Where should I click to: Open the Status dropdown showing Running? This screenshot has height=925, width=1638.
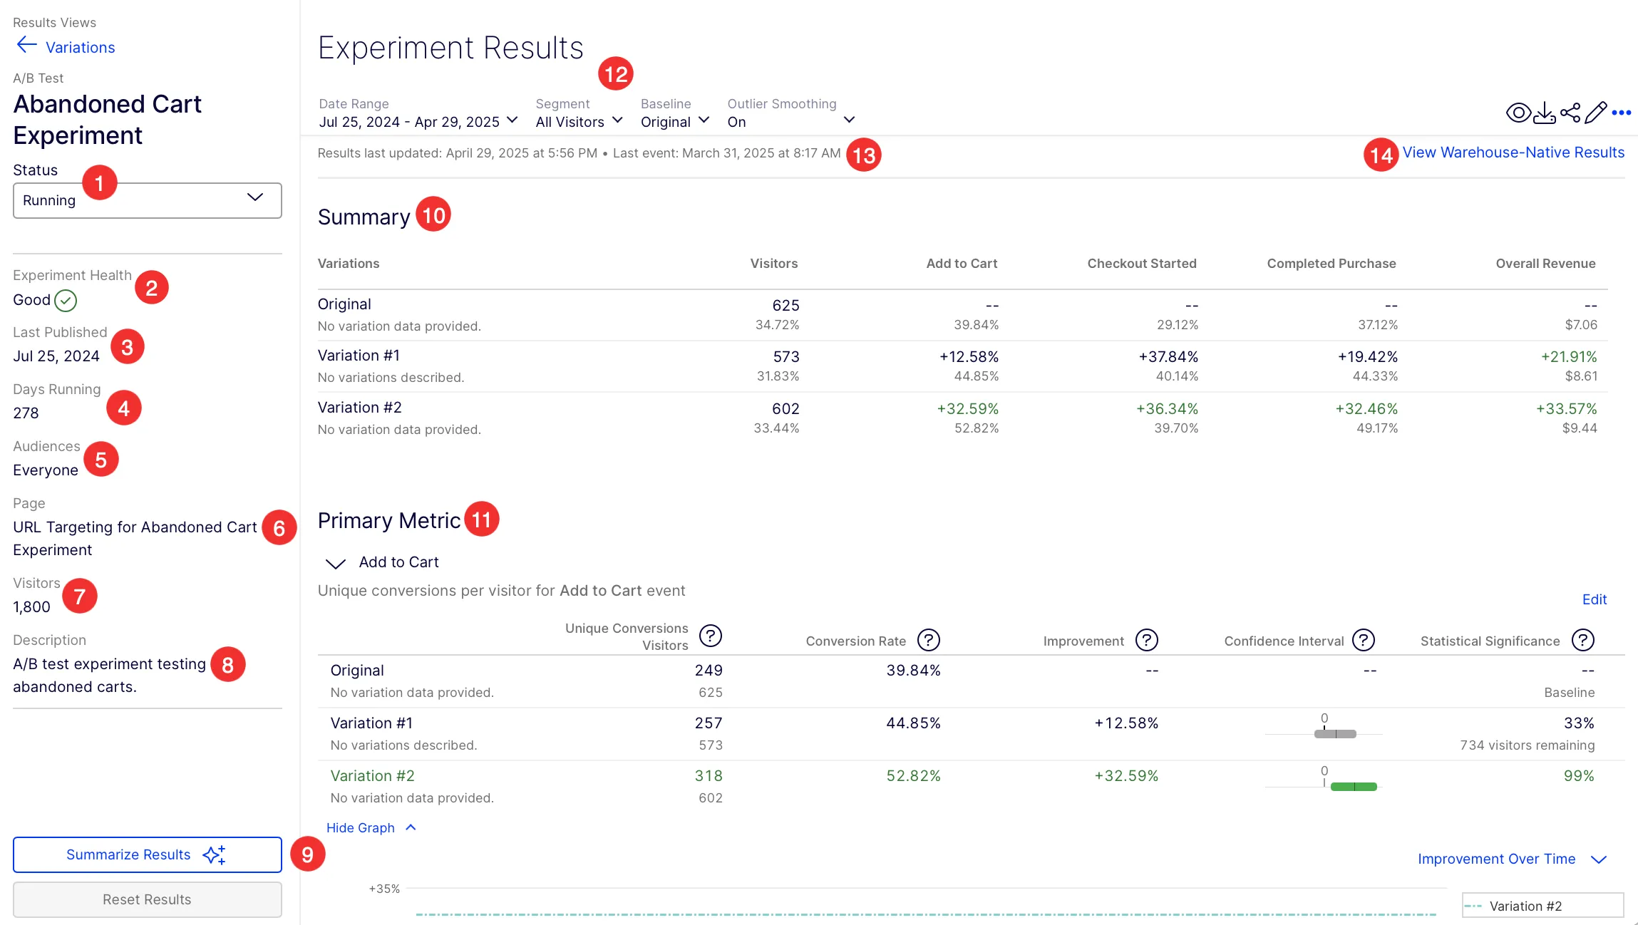tap(147, 200)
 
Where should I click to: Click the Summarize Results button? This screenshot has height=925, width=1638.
tap(147, 854)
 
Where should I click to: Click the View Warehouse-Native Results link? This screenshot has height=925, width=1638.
tap(1513, 153)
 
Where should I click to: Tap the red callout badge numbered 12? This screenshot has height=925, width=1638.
tap(616, 73)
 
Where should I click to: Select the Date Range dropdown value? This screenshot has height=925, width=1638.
tap(418, 122)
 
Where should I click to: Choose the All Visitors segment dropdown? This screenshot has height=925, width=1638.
tap(580, 122)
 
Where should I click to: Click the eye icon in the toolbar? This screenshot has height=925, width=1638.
tap(1518, 113)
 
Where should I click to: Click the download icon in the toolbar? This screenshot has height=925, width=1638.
tap(1544, 113)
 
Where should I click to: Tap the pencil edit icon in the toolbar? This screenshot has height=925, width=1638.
tap(1596, 113)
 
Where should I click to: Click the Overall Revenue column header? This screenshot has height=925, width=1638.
tap(1545, 264)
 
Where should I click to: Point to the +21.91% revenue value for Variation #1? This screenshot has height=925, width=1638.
tap(1569, 356)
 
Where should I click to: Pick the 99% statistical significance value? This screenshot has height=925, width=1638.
tap(1579, 776)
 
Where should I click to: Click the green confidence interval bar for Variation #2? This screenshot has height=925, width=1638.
tap(1354, 787)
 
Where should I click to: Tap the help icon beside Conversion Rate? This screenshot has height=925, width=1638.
tap(928, 640)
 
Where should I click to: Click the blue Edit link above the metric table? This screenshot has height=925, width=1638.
tap(1595, 600)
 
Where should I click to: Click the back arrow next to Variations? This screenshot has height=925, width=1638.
tap(26, 46)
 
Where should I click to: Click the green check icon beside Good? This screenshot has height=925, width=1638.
tap(66, 301)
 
